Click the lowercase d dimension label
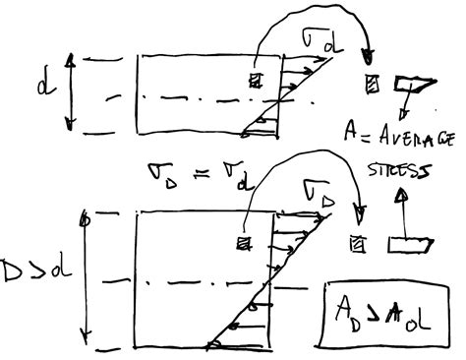[x=45, y=90]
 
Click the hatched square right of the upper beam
[x=372, y=84]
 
